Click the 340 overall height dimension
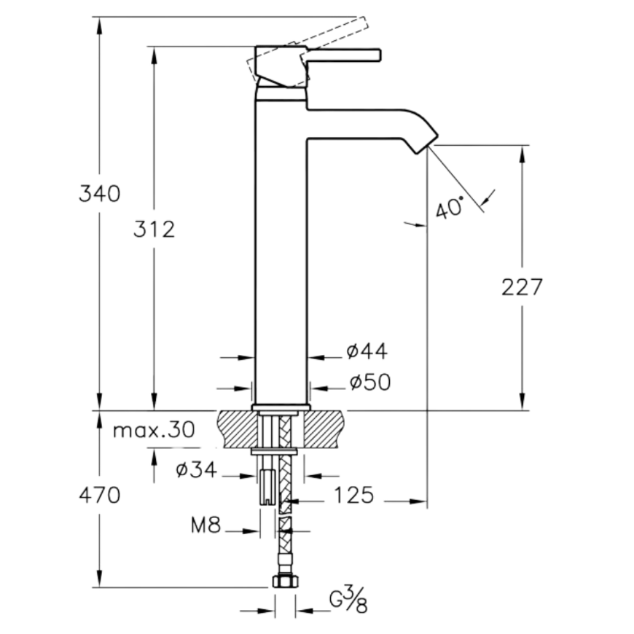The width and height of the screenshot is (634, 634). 99,193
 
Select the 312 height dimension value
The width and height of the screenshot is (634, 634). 154,230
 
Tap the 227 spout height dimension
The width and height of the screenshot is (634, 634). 522,287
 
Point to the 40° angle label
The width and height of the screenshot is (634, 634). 450,208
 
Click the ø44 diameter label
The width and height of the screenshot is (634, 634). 367,351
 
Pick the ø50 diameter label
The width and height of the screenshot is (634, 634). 370,382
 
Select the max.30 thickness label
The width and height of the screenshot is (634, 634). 154,430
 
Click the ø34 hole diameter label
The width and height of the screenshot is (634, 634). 197,469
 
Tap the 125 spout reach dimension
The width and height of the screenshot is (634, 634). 353,495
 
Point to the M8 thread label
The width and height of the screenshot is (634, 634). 206,525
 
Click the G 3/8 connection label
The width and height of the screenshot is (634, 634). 348,600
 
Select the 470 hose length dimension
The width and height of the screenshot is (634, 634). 99,495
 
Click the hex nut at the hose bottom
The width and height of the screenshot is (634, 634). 286,582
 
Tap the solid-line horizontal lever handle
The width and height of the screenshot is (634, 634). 344,55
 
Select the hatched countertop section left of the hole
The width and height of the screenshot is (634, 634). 238,429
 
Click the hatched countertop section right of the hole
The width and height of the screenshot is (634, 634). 324,429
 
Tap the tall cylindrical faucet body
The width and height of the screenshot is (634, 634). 281,251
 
